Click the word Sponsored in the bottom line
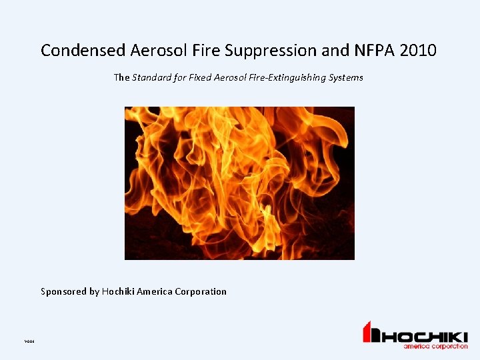(x=63, y=291)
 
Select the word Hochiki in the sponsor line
(x=118, y=291)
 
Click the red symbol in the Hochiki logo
(x=371, y=333)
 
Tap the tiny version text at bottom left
(x=29, y=341)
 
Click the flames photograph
(x=239, y=183)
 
